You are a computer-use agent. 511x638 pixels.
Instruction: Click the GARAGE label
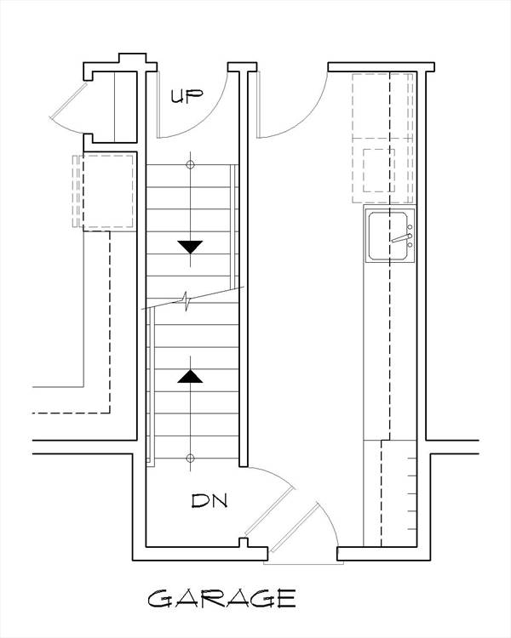point(221,599)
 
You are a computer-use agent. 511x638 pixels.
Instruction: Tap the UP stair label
point(187,96)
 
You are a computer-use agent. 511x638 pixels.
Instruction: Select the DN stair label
point(210,501)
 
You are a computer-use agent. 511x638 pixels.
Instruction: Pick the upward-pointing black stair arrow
point(190,376)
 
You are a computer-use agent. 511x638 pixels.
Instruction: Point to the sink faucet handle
point(401,238)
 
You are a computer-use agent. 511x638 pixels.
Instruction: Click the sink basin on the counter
point(388,236)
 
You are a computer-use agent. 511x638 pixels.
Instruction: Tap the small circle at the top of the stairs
point(190,165)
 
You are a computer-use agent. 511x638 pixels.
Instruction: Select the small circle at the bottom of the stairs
point(190,459)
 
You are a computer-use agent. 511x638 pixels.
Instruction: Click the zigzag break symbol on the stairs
point(186,301)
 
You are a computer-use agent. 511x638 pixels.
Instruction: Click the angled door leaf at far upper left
point(69,100)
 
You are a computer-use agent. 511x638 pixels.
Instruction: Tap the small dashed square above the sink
point(378,170)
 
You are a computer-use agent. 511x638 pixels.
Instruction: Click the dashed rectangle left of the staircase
point(108,191)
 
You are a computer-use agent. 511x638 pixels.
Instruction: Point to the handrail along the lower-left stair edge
point(151,386)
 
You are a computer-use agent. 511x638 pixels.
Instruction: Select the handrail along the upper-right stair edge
point(234,225)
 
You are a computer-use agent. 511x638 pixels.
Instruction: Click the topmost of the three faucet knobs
point(410,227)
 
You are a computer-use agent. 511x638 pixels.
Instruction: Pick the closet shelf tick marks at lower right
point(412,493)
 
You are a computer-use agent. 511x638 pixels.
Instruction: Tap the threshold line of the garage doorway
point(303,563)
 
